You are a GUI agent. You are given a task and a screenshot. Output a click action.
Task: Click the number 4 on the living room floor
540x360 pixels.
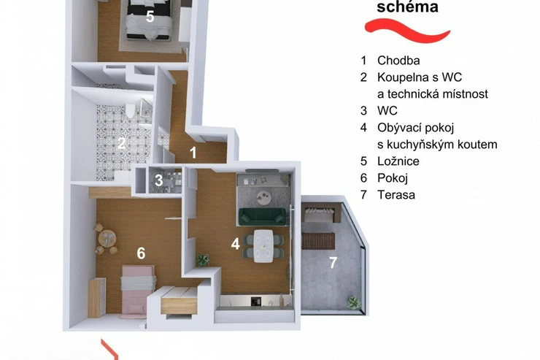(236, 244)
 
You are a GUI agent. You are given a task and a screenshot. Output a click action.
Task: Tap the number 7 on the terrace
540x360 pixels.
(333, 263)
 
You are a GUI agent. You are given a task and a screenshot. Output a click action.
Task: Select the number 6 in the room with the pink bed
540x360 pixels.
(141, 253)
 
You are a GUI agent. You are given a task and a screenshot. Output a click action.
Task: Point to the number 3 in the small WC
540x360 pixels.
(159, 180)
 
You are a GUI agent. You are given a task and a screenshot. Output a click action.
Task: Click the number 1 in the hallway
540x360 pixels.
(193, 153)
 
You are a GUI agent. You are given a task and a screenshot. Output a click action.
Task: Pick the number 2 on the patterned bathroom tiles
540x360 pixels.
(121, 143)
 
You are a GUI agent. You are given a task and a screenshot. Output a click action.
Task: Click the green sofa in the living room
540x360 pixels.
(263, 217)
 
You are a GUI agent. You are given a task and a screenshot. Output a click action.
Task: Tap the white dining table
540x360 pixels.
(263, 245)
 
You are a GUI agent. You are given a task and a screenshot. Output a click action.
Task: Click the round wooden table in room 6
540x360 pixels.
(107, 238)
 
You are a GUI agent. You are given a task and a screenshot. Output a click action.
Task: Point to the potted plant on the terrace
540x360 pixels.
(354, 302)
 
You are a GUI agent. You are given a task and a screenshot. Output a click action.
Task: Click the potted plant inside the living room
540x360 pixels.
(203, 259)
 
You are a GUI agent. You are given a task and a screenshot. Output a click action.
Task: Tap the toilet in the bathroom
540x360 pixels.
(130, 110)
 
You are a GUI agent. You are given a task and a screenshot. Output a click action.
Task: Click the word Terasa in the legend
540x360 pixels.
(396, 195)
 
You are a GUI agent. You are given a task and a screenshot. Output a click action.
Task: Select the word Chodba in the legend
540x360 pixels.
(398, 61)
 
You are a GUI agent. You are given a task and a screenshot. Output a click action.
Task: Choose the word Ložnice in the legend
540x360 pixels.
(398, 161)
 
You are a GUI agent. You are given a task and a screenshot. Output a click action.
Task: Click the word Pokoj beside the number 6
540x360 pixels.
(393, 178)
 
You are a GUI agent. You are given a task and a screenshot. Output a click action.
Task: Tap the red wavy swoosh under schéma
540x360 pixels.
(407, 31)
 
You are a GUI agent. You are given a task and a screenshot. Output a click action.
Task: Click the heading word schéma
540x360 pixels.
(407, 7)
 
